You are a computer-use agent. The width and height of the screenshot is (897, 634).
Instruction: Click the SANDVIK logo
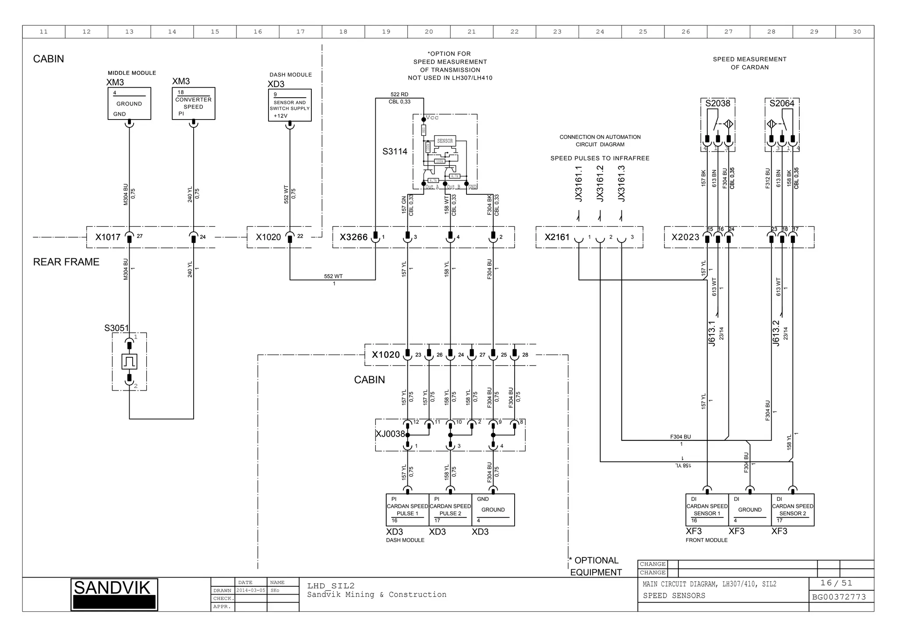[x=114, y=594]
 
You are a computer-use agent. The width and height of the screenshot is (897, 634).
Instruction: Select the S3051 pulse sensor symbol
[x=129, y=362]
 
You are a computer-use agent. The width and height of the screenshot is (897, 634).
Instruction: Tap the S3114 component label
[x=395, y=151]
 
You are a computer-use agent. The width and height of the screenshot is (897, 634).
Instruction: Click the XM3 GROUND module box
[x=129, y=104]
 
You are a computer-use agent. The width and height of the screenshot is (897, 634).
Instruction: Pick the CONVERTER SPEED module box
[x=193, y=103]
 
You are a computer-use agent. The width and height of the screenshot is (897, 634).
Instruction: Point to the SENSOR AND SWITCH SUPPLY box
[x=290, y=106]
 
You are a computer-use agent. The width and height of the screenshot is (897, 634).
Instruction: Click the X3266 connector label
[x=353, y=237]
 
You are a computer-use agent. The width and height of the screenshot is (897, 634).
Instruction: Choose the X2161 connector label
[x=557, y=237]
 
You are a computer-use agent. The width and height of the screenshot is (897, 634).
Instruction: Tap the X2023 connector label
[x=685, y=237]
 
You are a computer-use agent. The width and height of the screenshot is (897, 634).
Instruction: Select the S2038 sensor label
[x=717, y=103]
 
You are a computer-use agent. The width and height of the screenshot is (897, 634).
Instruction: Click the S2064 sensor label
[x=782, y=103]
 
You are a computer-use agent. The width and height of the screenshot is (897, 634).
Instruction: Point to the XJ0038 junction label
[x=390, y=434]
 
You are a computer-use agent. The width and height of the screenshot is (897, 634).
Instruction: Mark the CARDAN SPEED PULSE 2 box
[x=450, y=510]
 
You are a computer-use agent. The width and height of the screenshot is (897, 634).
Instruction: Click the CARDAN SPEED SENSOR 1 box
[x=706, y=510]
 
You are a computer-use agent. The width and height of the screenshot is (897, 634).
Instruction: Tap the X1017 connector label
[x=108, y=237]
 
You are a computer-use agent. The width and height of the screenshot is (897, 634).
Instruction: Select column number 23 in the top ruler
[x=557, y=32]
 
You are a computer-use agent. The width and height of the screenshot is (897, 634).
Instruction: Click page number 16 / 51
[x=836, y=583]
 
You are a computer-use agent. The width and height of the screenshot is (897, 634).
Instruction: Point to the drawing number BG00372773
[x=839, y=597]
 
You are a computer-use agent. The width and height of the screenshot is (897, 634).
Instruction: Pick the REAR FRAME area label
[x=66, y=262]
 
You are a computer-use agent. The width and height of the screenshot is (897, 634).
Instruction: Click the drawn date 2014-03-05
[x=251, y=590]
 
